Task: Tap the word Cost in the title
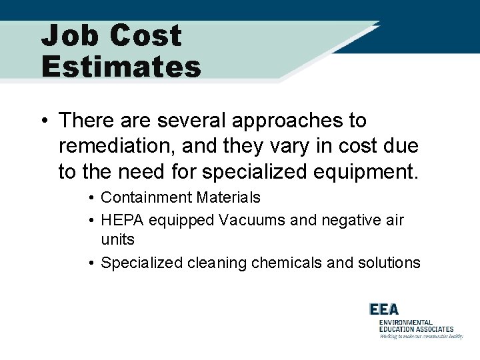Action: [146, 35]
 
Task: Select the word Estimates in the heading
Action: [121, 67]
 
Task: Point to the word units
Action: [117, 239]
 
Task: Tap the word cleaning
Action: [217, 263]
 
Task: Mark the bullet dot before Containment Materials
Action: [91, 198]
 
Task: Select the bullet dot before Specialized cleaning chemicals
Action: [91, 263]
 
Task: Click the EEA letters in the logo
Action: [385, 309]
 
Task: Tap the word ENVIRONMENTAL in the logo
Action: [405, 322]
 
